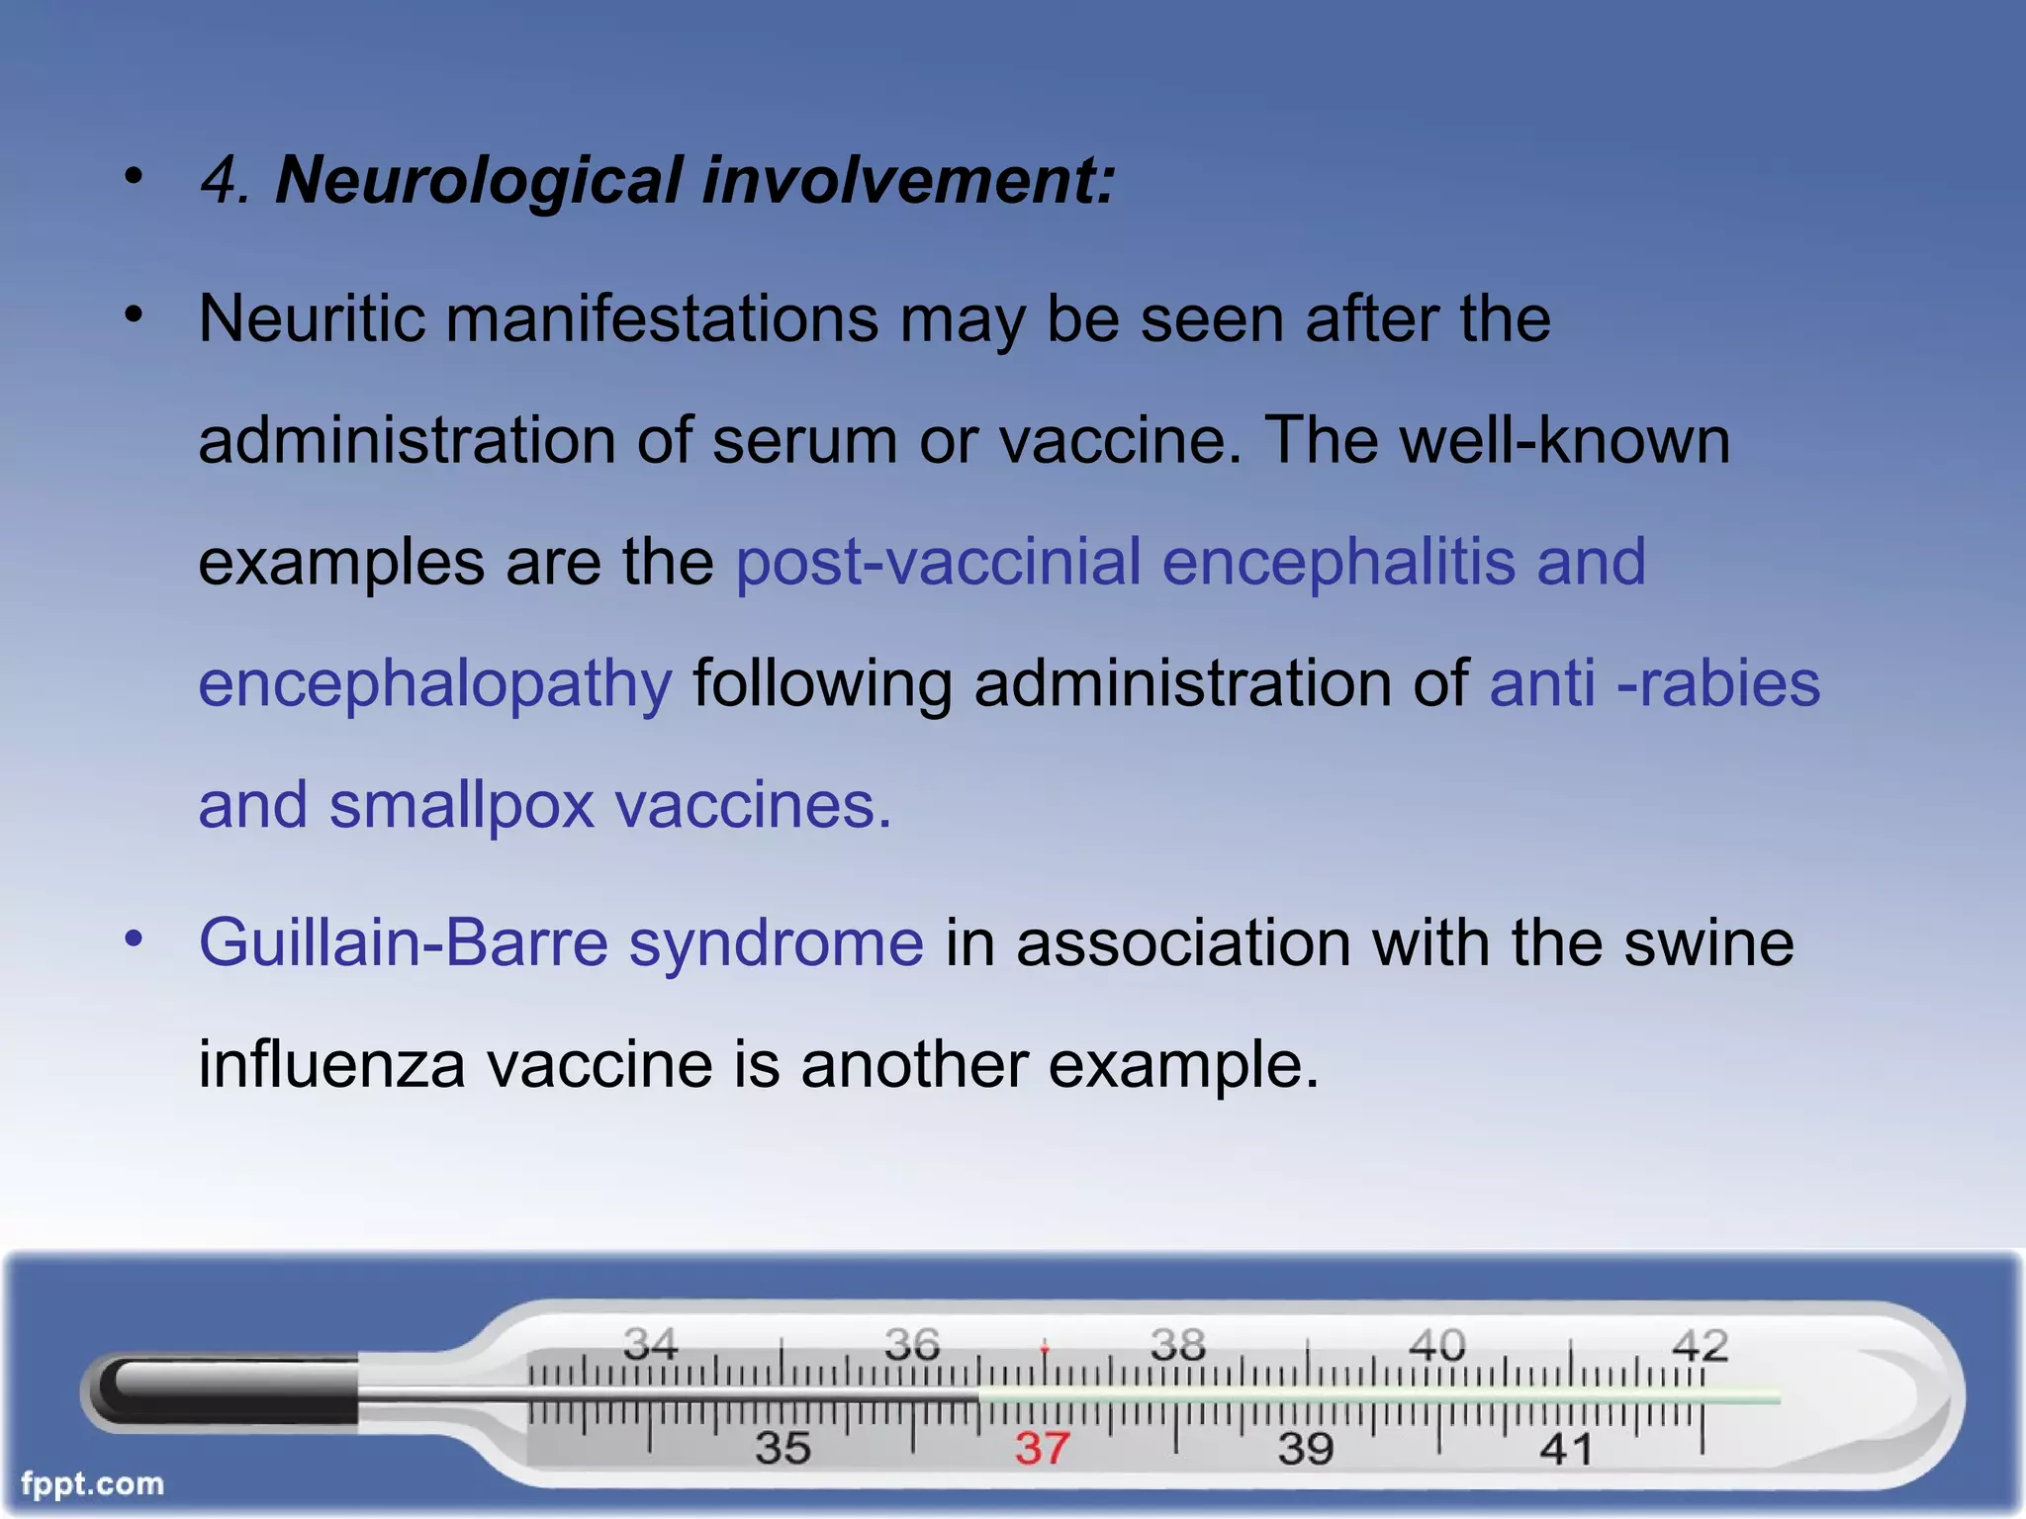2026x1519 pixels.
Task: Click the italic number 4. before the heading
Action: tap(226, 182)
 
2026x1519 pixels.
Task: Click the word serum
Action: tap(804, 441)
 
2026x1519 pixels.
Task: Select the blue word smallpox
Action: tap(461, 805)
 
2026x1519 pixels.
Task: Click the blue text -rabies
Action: tap(1718, 684)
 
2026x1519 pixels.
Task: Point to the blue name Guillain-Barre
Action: tap(404, 941)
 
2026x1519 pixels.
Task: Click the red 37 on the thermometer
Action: tap(1043, 1449)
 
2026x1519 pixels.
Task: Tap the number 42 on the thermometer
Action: tap(1700, 1346)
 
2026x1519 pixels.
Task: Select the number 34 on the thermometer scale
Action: tap(650, 1344)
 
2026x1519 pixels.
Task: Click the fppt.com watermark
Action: tap(92, 1483)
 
